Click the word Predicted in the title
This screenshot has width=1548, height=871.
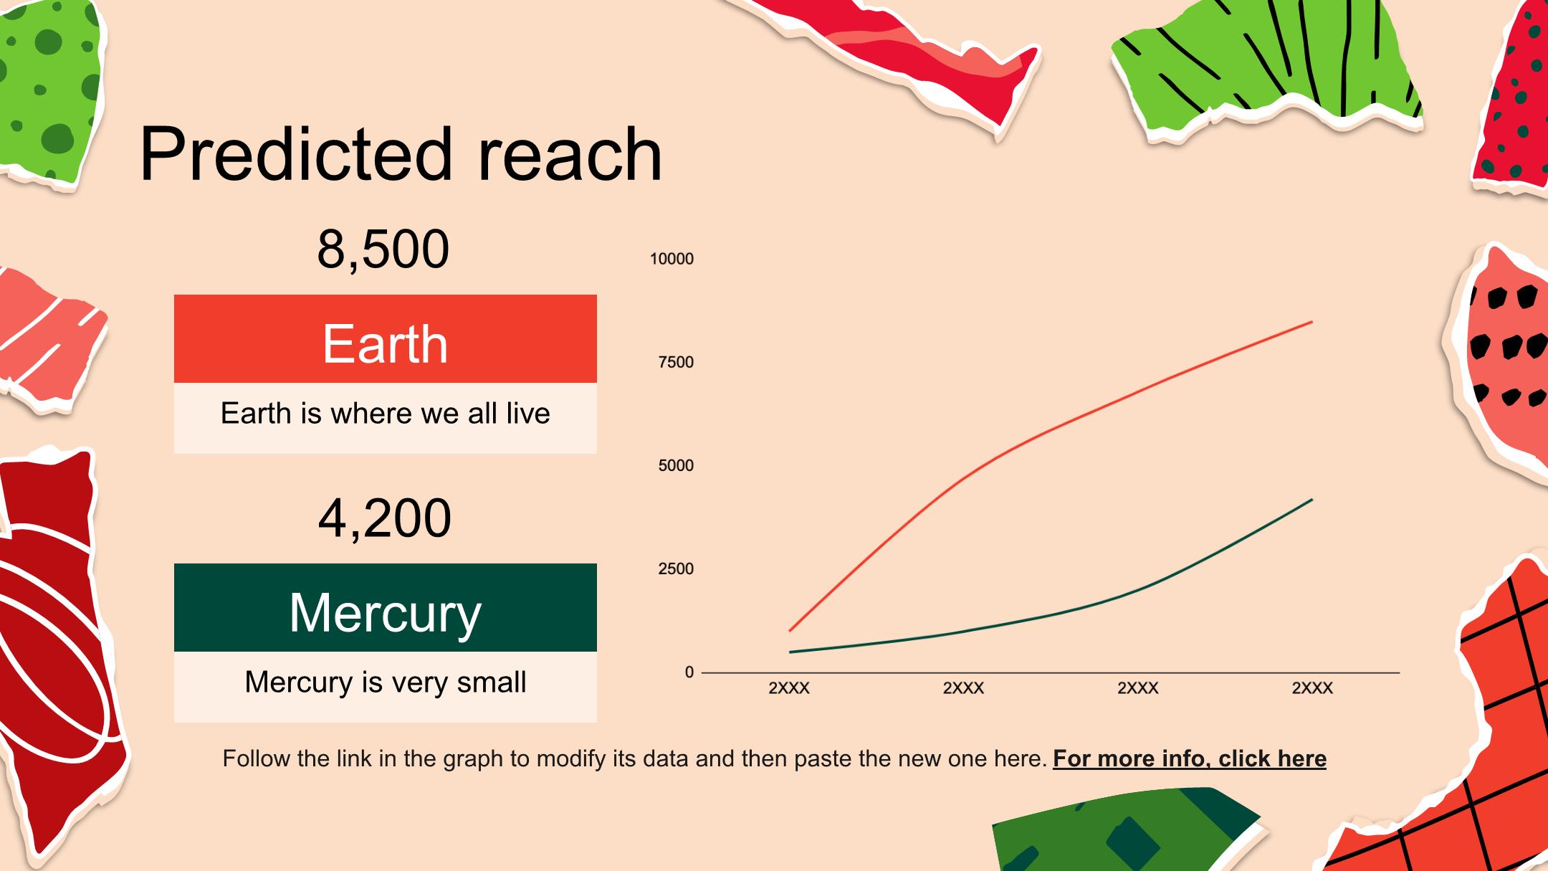pos(296,153)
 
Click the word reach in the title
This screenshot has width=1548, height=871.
pos(570,153)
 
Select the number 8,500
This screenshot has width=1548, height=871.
pos(383,249)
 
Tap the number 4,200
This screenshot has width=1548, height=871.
pos(385,518)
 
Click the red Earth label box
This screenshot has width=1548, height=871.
pos(386,338)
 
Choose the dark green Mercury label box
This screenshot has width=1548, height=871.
pos(386,607)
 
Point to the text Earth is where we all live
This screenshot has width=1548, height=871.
pos(386,413)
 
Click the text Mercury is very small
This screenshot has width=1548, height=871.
pos(386,682)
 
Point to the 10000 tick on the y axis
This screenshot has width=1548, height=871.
pos(672,259)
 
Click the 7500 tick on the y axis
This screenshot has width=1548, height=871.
pos(676,362)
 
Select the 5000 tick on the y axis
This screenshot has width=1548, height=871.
pos(676,465)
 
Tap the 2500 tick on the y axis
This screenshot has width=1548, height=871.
pos(676,568)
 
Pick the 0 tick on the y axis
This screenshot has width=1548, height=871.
pos(689,672)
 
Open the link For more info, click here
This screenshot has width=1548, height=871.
pos(1190,758)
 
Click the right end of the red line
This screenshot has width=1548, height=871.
pos(1312,322)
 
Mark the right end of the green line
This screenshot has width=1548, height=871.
pos(1312,499)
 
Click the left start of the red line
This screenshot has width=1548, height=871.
pos(789,631)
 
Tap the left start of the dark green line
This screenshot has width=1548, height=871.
pos(789,652)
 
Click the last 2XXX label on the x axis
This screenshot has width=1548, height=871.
pos(1312,688)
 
